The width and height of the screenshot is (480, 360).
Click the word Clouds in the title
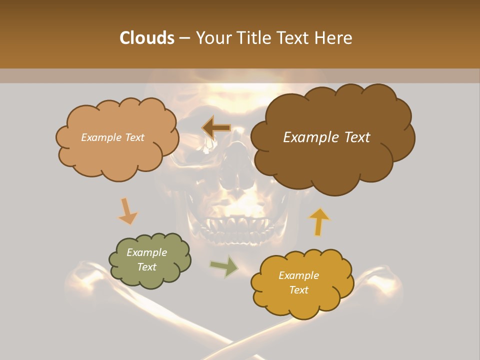146,38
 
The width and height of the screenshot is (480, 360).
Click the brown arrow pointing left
216,128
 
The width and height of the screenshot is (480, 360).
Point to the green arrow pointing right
224,266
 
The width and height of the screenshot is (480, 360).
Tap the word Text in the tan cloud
134,137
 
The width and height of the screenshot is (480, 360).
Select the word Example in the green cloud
146,252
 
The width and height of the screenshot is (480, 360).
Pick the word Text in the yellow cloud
298,290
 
